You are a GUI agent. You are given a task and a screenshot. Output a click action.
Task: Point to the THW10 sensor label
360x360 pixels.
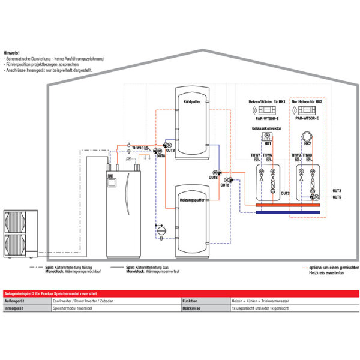coord(137,148)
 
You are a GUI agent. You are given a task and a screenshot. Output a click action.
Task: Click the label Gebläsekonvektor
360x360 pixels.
coord(267,129)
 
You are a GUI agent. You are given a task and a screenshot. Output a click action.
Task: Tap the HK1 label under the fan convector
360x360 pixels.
coord(268,145)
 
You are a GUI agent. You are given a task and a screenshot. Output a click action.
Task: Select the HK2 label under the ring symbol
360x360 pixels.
coord(307,145)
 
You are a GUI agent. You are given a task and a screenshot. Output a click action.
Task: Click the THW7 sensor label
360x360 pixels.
coord(255,155)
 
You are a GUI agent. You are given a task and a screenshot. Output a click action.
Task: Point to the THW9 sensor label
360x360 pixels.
coord(296,155)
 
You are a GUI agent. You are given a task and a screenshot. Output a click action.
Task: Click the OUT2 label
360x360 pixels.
coord(285,194)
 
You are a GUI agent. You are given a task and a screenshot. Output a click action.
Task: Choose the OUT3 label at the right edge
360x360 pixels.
coord(337,191)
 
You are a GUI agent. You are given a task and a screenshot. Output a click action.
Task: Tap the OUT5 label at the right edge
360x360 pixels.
coord(337,197)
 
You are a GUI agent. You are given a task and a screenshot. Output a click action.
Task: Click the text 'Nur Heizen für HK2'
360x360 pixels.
coord(308,102)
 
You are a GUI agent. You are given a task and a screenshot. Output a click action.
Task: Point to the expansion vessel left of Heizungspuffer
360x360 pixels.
coord(160,229)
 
